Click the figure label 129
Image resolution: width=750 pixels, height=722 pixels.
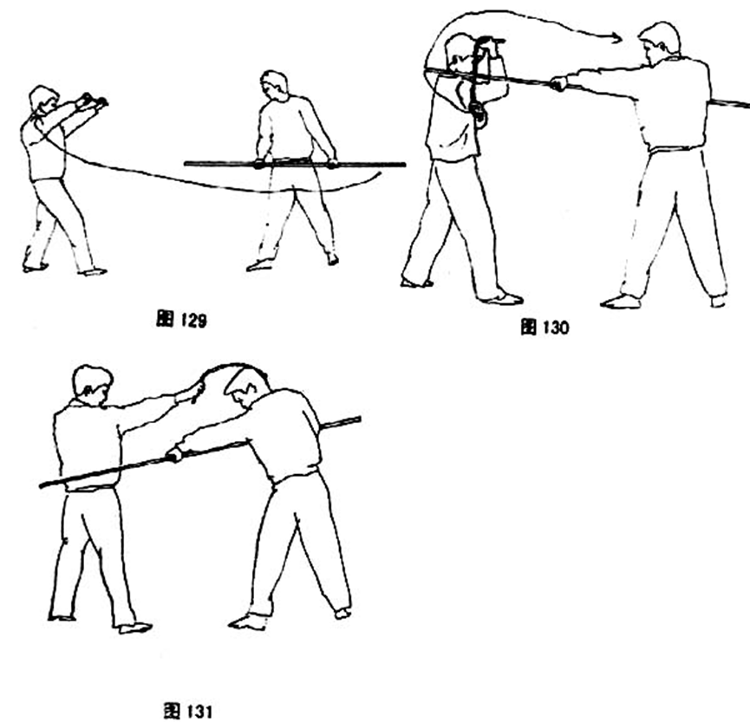pyautogui.click(x=181, y=319)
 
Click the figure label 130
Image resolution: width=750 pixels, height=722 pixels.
pyautogui.click(x=545, y=327)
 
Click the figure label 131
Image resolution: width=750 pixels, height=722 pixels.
pyautogui.click(x=187, y=710)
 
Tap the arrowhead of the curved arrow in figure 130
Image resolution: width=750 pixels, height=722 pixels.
pyautogui.click(x=616, y=36)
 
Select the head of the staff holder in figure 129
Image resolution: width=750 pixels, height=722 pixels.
pyautogui.click(x=274, y=84)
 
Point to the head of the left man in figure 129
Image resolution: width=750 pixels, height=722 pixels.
pyautogui.click(x=43, y=100)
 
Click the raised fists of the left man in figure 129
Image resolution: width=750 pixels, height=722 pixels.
pyautogui.click(x=93, y=101)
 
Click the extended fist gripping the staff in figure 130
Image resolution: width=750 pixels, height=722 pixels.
pyautogui.click(x=558, y=84)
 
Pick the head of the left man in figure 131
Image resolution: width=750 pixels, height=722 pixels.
pyautogui.click(x=92, y=386)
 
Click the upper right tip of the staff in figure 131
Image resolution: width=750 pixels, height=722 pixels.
pyautogui.click(x=360, y=420)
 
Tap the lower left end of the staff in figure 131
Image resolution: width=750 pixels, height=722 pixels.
pyautogui.click(x=41, y=485)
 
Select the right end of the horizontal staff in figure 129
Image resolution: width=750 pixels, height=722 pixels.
pyautogui.click(x=404, y=165)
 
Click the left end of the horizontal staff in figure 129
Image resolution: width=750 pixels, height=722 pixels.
pyautogui.click(x=186, y=164)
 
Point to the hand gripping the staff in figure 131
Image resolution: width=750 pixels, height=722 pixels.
pyautogui.click(x=174, y=454)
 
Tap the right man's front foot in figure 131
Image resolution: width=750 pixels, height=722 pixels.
pyautogui.click(x=247, y=622)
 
